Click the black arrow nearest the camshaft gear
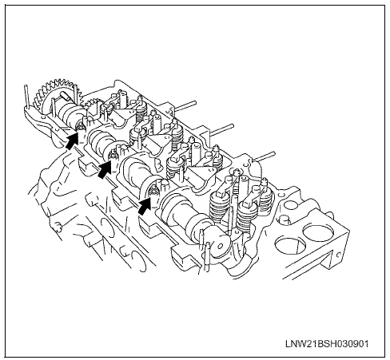point(72,140)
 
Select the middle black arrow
point(105,169)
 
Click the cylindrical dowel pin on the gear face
point(66,96)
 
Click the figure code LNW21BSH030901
point(327,343)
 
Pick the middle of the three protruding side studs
point(221,129)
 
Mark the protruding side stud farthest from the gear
point(263,156)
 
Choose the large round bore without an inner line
point(318,232)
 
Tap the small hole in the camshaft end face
point(220,246)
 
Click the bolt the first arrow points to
point(80,125)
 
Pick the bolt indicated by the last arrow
point(153,190)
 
